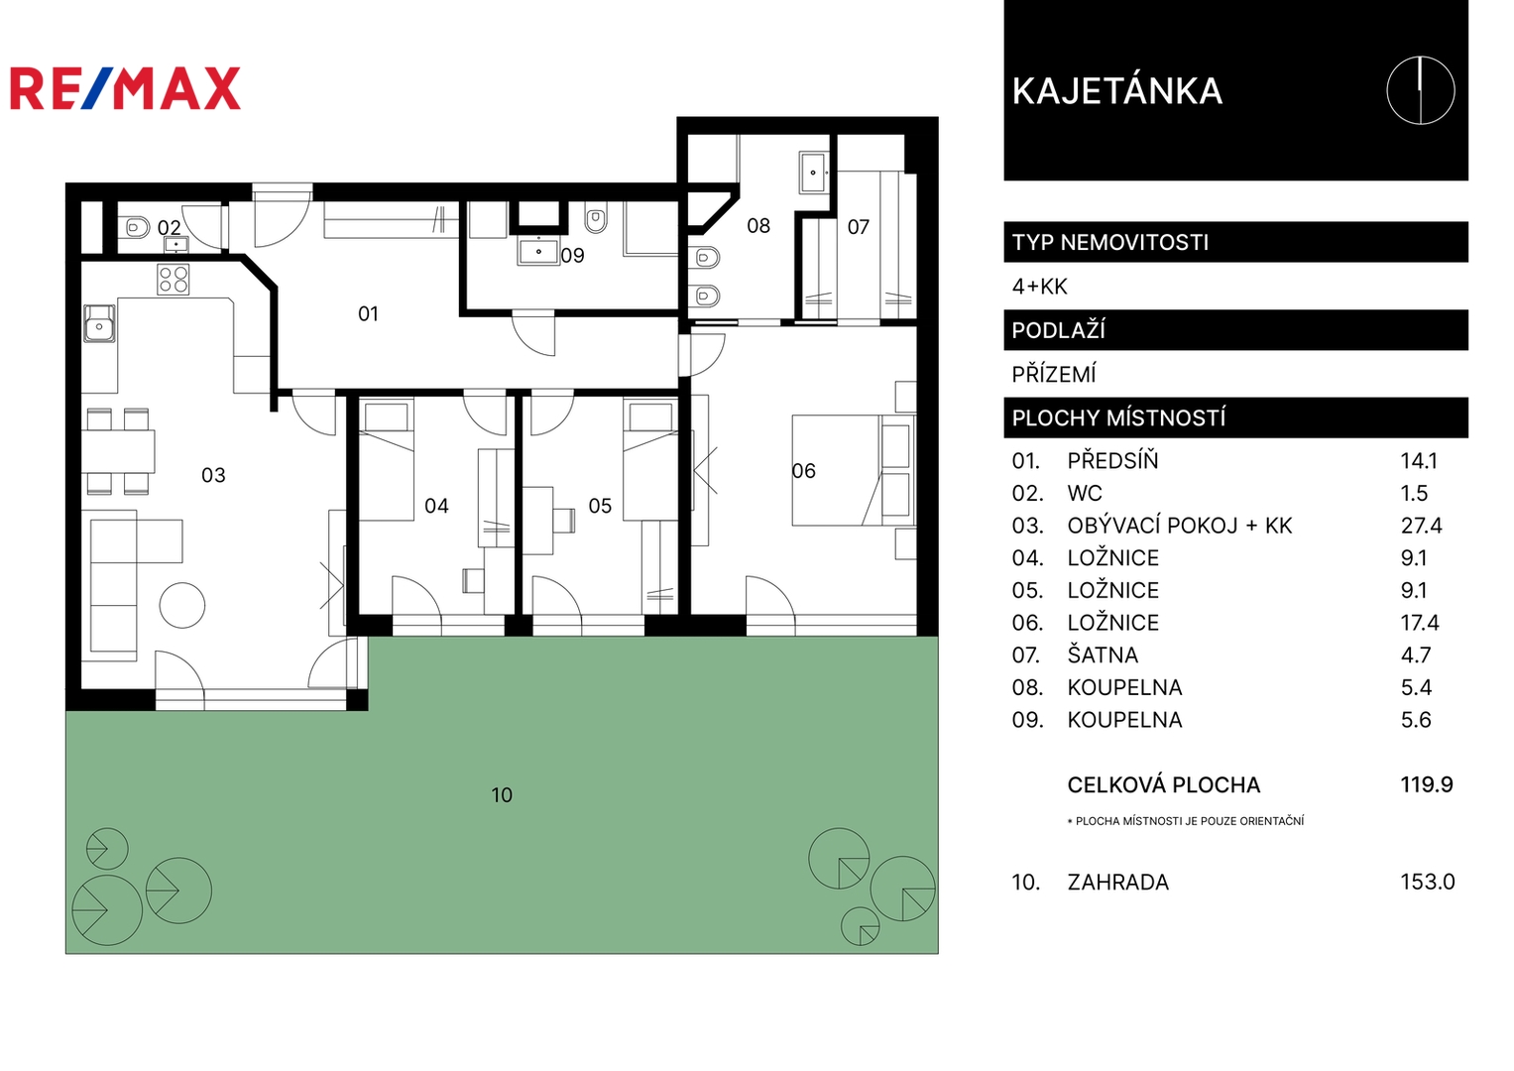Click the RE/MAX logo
click(125, 88)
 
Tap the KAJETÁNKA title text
click(1117, 90)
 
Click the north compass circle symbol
click(1421, 90)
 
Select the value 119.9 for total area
click(1427, 784)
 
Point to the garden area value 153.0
click(1428, 882)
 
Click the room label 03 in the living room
click(213, 475)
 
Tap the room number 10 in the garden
click(502, 795)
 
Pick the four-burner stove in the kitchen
click(174, 280)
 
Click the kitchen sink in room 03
click(99, 323)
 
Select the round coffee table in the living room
click(182, 605)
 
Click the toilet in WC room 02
click(136, 226)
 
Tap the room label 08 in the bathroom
click(758, 226)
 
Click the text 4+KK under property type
click(1039, 287)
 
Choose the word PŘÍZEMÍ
click(1054, 374)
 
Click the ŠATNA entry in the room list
click(1103, 654)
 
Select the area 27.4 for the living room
click(1422, 526)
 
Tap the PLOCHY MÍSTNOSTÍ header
click(1118, 417)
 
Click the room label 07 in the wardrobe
click(859, 227)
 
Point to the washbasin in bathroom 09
click(538, 252)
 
